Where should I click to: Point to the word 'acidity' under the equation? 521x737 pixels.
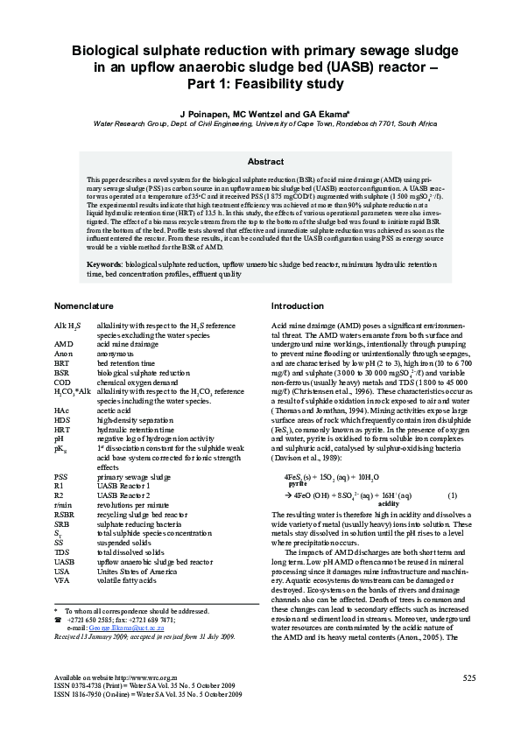(388, 504)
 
